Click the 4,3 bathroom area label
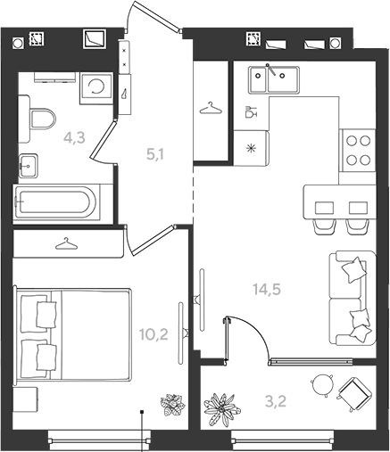coord(74,138)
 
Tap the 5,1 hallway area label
coord(155,154)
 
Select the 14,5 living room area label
coord(267,289)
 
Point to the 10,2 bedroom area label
coord(154,334)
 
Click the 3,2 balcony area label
coord(276,401)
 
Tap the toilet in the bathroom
coord(43,119)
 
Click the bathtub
coord(56,202)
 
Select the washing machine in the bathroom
coord(96,88)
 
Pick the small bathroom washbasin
coord(28,166)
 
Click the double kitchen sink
coord(274,79)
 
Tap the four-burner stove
coord(359,150)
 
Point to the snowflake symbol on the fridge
coord(252,148)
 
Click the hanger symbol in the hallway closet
coord(211,109)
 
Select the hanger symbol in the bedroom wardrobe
coord(66,243)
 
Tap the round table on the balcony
coord(322,385)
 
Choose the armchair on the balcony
coord(355,394)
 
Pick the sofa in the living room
coord(353,298)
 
